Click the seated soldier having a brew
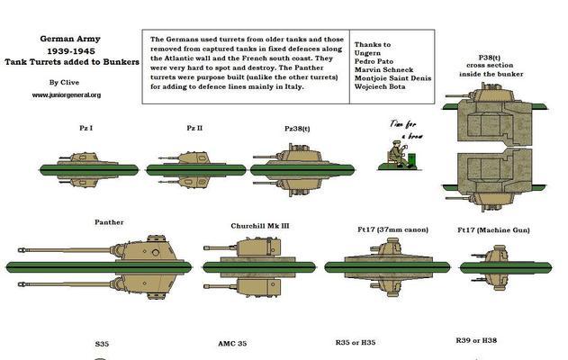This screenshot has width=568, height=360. point(397,155)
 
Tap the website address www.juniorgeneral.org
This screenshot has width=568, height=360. point(67,94)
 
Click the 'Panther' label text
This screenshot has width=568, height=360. point(109,221)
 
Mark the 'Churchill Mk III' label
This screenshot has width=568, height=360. point(258,226)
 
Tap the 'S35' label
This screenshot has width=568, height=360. point(103,344)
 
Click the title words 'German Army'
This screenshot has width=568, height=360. point(67,40)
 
